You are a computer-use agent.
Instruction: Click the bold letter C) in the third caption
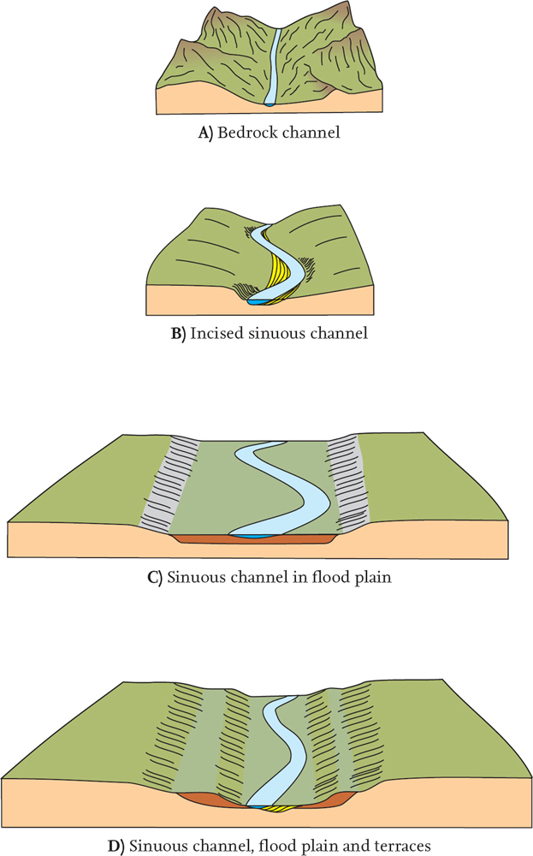155,576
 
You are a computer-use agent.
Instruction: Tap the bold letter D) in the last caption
115,845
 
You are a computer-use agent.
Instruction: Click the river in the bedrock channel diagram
273,68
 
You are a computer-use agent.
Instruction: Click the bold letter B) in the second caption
178,333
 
